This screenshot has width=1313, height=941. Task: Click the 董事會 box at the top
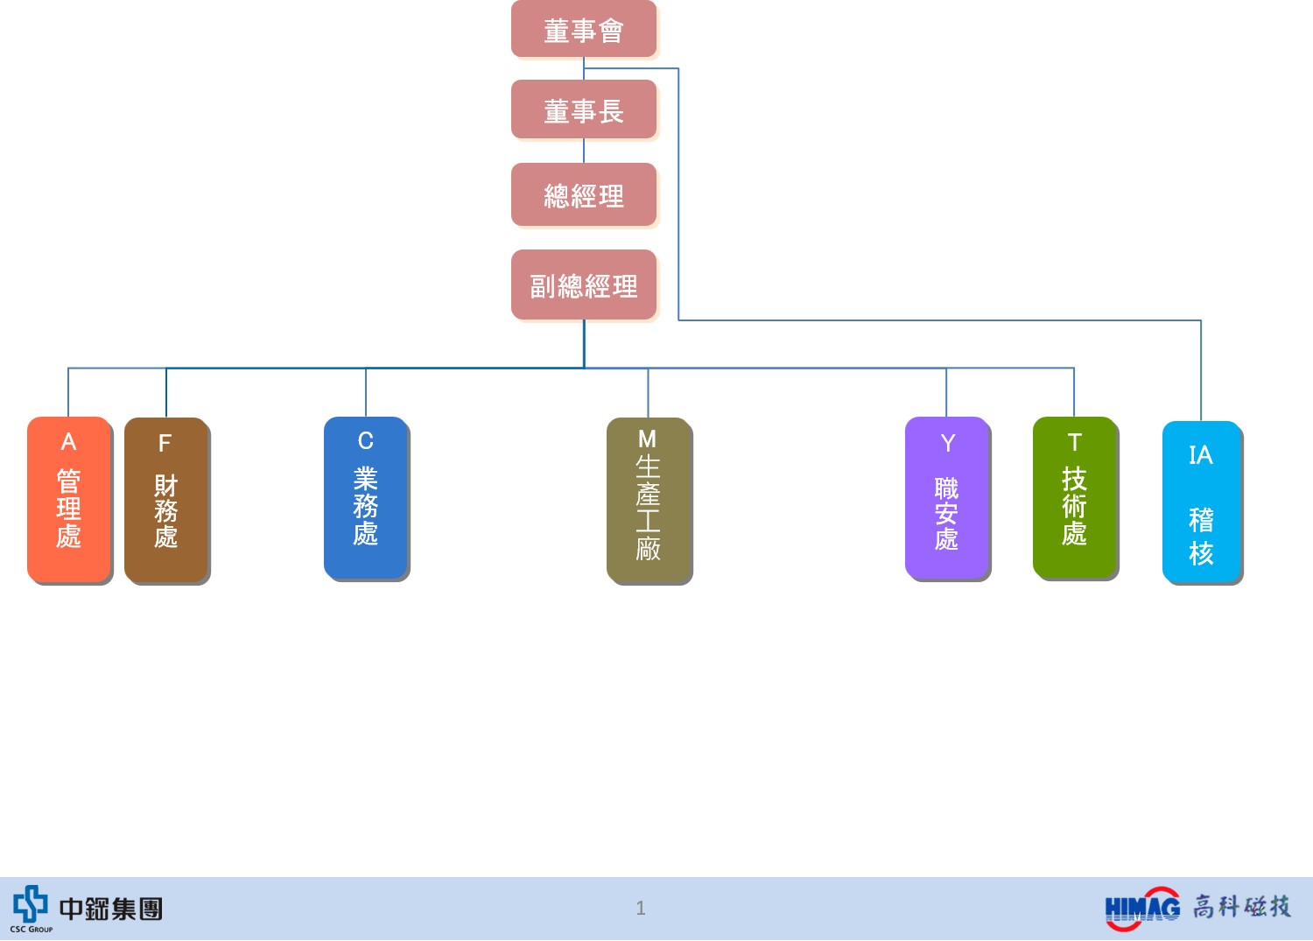click(585, 31)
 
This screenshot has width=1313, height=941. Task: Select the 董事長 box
click(585, 111)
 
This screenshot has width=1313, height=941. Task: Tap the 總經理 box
click(585, 195)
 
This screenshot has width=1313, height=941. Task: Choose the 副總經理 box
click(585, 286)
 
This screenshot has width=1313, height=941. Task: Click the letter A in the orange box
click(68, 442)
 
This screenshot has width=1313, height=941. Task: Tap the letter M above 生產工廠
click(648, 439)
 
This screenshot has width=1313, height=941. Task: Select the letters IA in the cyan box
click(1201, 455)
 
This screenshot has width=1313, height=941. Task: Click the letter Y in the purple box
click(947, 444)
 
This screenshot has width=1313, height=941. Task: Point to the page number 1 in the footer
click(641, 909)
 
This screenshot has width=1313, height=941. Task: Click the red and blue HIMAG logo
click(1141, 909)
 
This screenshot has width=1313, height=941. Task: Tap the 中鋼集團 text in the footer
click(111, 909)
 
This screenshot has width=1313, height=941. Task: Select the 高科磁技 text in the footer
click(1242, 907)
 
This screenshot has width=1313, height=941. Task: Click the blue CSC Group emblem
click(31, 903)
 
